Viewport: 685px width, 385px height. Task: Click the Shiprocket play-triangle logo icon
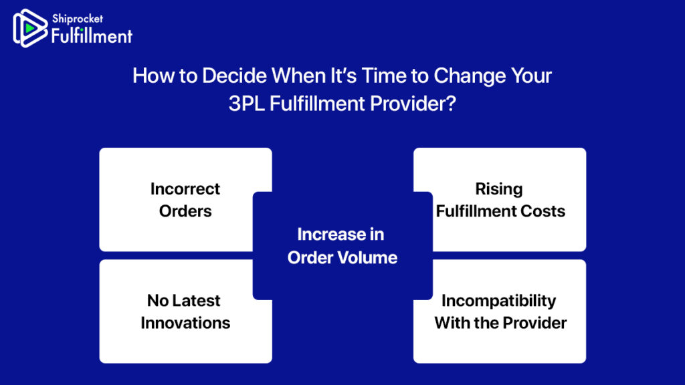(x=29, y=28)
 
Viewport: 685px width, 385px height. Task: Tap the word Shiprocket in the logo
(x=78, y=19)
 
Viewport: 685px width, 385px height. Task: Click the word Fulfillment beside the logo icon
(x=92, y=36)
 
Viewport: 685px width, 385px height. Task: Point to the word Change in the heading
(x=470, y=76)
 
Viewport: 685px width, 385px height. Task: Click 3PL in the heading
(x=246, y=104)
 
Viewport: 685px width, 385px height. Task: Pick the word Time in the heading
(x=383, y=76)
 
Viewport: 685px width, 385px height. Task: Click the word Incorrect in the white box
(x=185, y=189)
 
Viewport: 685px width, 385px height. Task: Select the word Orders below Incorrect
(x=185, y=211)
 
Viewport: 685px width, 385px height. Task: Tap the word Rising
(x=499, y=189)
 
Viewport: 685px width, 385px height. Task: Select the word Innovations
(x=185, y=323)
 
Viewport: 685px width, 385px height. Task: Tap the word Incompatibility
(x=499, y=301)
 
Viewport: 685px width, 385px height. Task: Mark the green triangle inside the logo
(x=30, y=28)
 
